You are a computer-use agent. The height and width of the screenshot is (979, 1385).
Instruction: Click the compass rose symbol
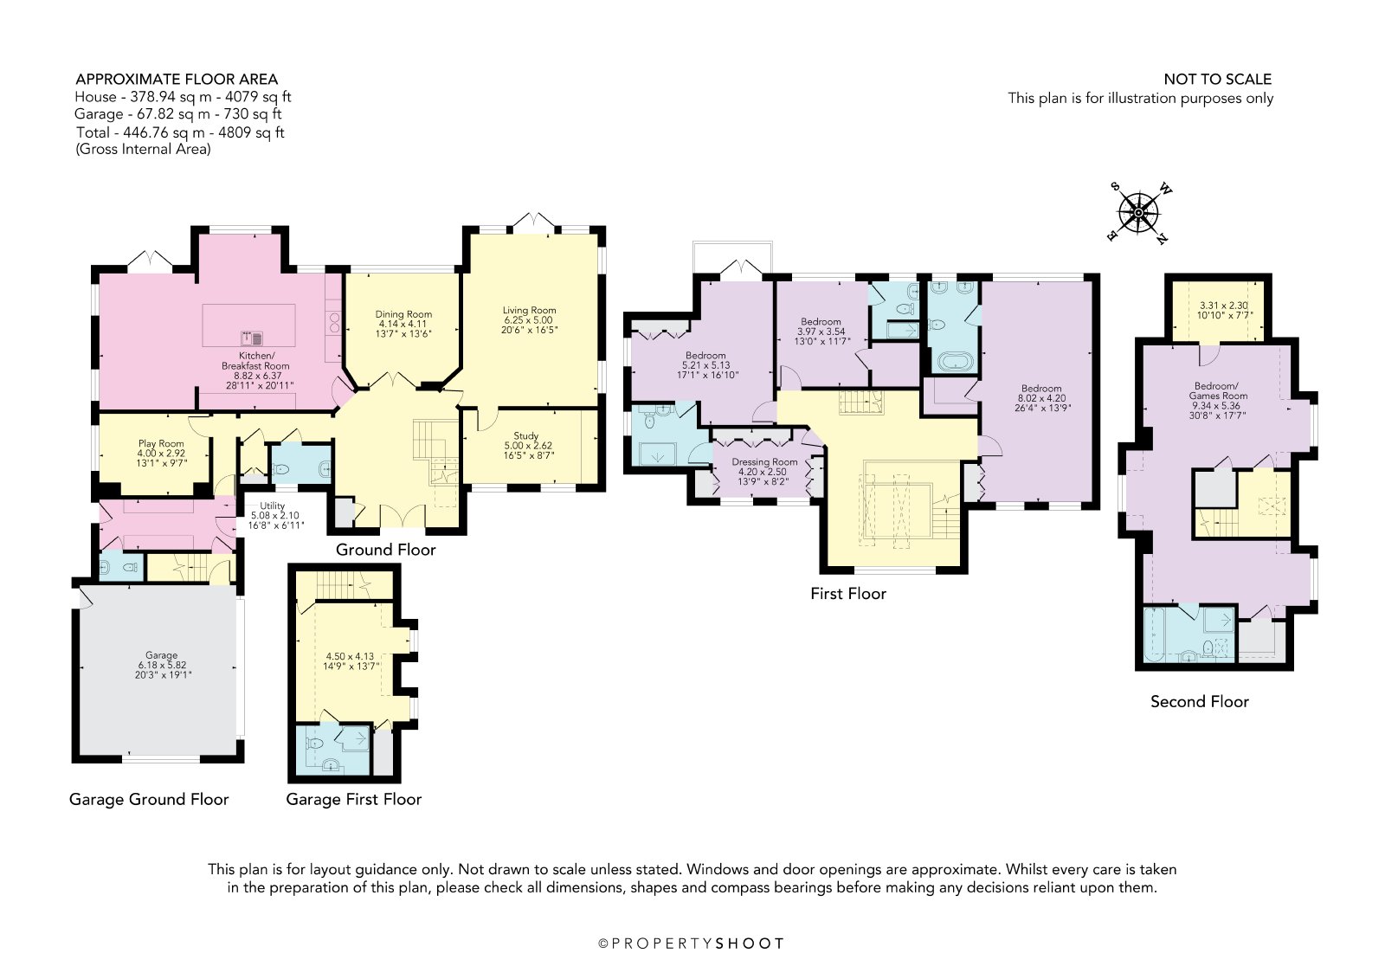tap(1138, 213)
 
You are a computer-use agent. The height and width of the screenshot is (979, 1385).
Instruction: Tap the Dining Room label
tap(403, 314)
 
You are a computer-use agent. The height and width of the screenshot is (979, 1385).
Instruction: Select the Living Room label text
tap(529, 311)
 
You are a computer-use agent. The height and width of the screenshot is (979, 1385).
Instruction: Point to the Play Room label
tap(161, 443)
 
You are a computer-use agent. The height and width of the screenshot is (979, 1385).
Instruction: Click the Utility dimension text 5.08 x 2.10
tap(274, 515)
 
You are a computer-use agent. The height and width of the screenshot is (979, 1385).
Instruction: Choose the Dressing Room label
tap(764, 462)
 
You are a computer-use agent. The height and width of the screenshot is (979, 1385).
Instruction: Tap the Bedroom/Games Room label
tap(1217, 391)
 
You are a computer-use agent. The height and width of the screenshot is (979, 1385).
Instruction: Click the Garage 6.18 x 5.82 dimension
tap(162, 665)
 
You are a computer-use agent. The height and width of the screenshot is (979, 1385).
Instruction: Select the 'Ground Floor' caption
tap(385, 550)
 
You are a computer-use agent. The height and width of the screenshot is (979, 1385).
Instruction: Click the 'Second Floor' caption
tap(1199, 701)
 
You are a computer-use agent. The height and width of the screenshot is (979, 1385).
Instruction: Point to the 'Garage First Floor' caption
tap(353, 799)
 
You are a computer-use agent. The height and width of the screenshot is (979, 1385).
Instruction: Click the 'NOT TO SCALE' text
tap(1217, 79)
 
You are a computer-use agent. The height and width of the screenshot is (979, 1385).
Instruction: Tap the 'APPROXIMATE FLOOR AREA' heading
tap(177, 79)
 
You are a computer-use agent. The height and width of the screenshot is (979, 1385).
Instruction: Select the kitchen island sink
tap(252, 338)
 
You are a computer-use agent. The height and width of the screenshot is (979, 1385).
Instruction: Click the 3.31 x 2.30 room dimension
tap(1215, 306)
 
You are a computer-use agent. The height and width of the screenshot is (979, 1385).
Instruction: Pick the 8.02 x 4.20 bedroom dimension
tap(1042, 398)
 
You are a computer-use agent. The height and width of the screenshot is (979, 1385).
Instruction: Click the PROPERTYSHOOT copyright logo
tap(692, 944)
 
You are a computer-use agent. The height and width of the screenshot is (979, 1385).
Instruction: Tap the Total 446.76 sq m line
tap(180, 132)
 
